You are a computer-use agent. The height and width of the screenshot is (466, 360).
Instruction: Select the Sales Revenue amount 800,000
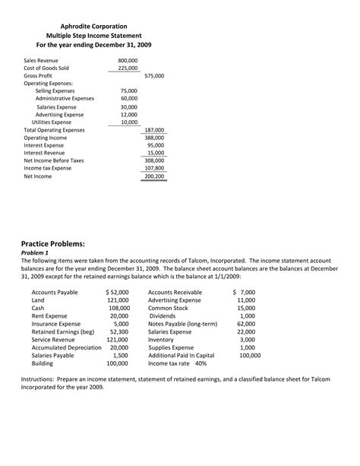pos(128,59)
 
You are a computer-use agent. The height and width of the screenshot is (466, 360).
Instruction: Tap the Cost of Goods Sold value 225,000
pos(128,68)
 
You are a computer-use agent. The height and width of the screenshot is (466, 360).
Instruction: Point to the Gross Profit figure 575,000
pos(154,76)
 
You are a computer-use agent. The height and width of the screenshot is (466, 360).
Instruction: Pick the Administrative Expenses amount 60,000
pos(129,98)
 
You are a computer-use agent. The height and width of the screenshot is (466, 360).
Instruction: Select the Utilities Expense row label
pos(52,122)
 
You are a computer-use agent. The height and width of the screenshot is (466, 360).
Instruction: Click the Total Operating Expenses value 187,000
pos(154,130)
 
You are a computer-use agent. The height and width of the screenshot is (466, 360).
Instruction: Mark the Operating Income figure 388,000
pos(154,138)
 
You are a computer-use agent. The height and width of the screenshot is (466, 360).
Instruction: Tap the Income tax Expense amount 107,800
pos(154,168)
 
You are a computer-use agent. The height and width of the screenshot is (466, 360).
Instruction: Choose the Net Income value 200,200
pos(154,176)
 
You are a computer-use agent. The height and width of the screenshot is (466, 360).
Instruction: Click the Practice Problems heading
pos(52,243)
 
